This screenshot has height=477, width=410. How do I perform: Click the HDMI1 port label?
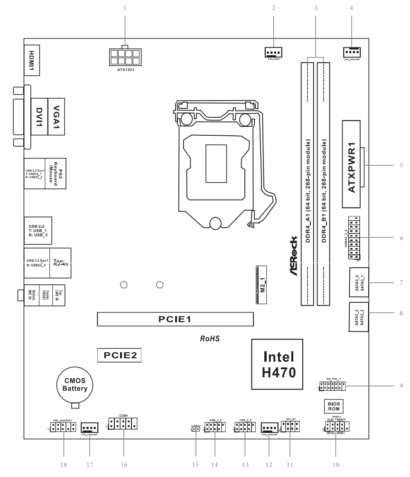[x=32, y=60]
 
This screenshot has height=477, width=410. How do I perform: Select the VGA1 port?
[x=57, y=113]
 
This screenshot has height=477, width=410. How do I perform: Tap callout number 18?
[x=63, y=464]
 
